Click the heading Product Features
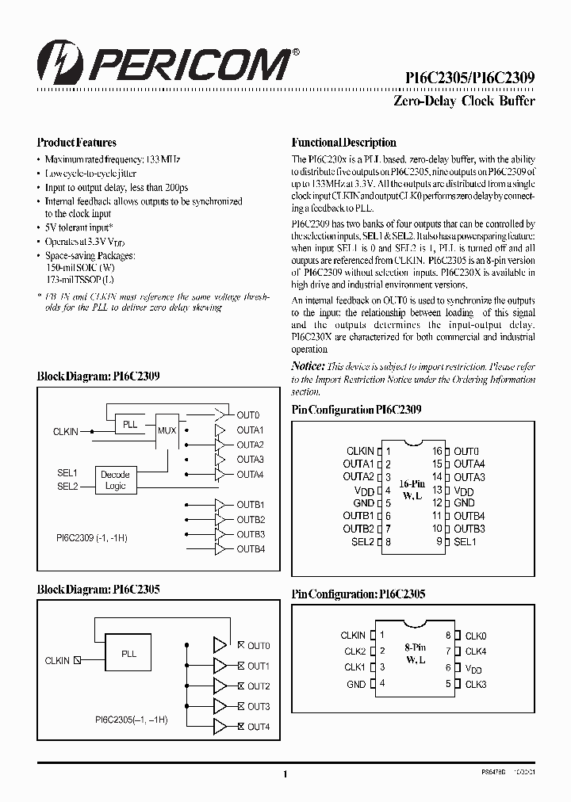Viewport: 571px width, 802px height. (77, 143)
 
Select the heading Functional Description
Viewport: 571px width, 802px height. (344, 143)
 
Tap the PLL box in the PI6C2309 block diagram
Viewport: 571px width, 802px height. (130, 425)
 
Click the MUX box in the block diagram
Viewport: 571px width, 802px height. (167, 430)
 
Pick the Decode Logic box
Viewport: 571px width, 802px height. (116, 480)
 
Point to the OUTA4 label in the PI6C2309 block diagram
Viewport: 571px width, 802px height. (250, 475)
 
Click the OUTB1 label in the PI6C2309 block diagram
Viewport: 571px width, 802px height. (250, 505)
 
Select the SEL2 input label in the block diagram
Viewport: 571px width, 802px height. (67, 487)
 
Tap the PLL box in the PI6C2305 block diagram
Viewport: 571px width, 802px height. (128, 655)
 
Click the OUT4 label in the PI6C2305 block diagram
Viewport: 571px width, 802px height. (259, 727)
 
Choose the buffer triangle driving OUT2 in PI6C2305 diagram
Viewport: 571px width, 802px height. (219, 686)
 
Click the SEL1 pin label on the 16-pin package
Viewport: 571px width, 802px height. (465, 541)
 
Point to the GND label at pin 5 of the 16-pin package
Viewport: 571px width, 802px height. (363, 503)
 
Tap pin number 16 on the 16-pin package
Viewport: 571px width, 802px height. (436, 451)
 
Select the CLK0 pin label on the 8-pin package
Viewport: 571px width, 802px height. (476, 636)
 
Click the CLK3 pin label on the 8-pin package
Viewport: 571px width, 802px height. (476, 684)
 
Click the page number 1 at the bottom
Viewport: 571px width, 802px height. (285, 774)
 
